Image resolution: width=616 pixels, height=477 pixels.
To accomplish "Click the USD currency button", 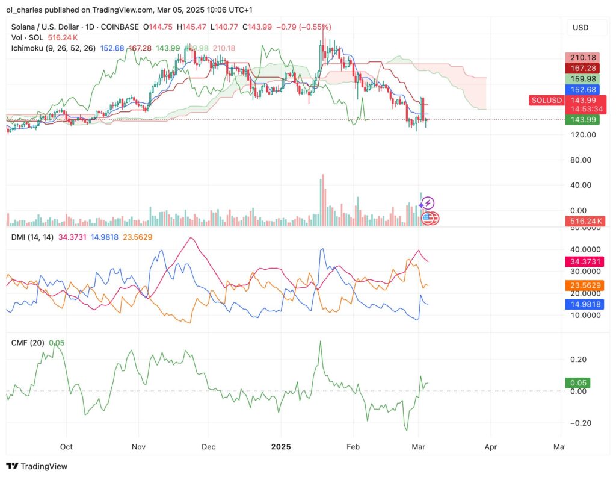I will [580, 28].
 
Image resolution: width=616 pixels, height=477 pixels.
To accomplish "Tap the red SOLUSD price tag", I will [546, 100].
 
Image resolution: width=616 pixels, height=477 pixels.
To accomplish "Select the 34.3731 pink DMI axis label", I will [585, 261].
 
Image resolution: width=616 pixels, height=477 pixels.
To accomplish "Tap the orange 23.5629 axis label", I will [585, 285].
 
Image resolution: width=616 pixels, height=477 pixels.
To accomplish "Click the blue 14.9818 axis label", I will [585, 304].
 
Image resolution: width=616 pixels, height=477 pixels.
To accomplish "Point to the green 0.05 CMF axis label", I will [581, 382].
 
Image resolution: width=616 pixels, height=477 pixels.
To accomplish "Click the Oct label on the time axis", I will [66, 447].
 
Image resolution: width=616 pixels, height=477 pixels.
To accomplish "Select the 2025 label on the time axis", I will [281, 447].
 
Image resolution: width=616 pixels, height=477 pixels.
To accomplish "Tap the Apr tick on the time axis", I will [490, 447].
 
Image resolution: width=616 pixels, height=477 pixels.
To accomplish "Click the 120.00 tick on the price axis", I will [582, 134].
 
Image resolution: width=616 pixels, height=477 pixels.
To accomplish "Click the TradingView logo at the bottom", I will [37, 466].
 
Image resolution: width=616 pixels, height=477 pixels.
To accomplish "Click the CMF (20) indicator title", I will [29, 343].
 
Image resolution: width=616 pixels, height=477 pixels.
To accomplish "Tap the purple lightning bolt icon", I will [429, 204].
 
